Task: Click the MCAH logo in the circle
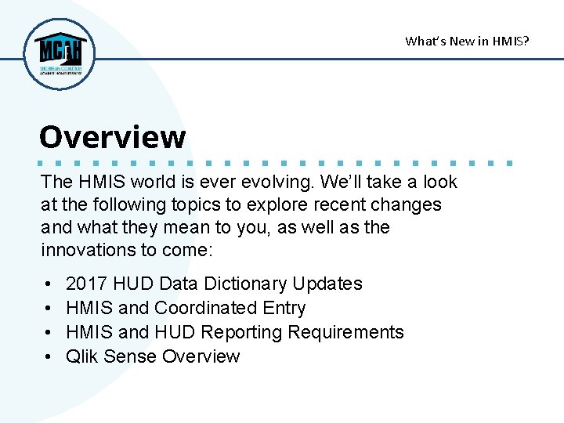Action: tap(60, 53)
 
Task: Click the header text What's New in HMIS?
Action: tap(467, 41)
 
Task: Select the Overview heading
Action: tap(112, 137)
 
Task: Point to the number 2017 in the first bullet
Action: tap(87, 284)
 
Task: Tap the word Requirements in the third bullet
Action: tap(345, 332)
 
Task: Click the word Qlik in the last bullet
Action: tap(82, 356)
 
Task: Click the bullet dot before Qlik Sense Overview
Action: tap(49, 357)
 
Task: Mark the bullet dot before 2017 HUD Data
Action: tap(49, 284)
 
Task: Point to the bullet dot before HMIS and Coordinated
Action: tap(49, 309)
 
